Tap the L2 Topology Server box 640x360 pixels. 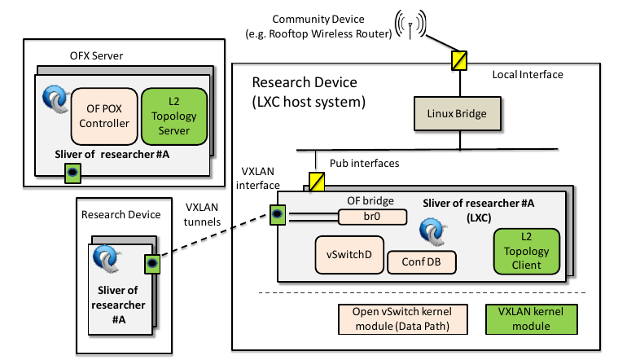pos(174,114)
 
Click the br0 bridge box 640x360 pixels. pos(372,217)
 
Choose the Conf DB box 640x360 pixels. pos(421,261)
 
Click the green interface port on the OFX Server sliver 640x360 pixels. pos(72,173)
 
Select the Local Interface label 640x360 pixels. pos(527,75)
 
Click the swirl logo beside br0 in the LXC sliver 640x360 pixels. pos(429,230)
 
